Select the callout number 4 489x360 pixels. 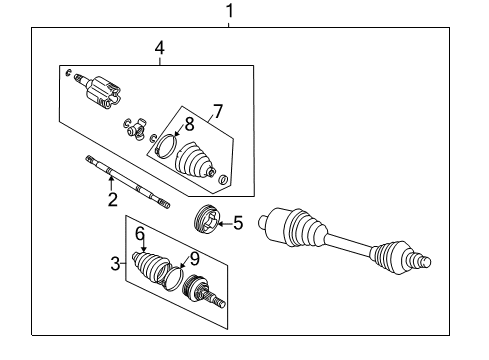pyautogui.click(x=158, y=47)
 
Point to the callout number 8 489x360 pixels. pyautogui.click(x=188, y=124)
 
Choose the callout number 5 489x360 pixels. pyautogui.click(x=238, y=224)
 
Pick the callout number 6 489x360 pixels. pyautogui.click(x=141, y=233)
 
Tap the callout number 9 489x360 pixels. pyautogui.click(x=194, y=258)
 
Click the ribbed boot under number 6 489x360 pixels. pyautogui.click(x=153, y=271)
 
